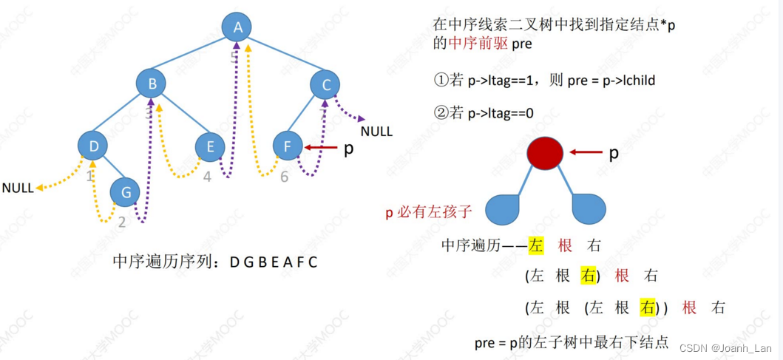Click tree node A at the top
[x=237, y=29]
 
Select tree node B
[x=152, y=84]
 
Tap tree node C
[x=325, y=85]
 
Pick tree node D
[x=94, y=146]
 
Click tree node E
[x=210, y=147]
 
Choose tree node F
[x=287, y=146]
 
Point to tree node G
[x=125, y=192]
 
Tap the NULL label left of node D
[x=18, y=188]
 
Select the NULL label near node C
[x=376, y=132]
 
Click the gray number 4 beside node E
[x=207, y=177]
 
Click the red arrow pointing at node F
[x=320, y=147]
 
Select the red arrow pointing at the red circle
[x=586, y=153]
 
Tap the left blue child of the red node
[x=504, y=209]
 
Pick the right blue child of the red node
[x=589, y=209]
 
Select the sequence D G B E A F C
[x=273, y=262]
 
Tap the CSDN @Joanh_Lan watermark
[x=727, y=347]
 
